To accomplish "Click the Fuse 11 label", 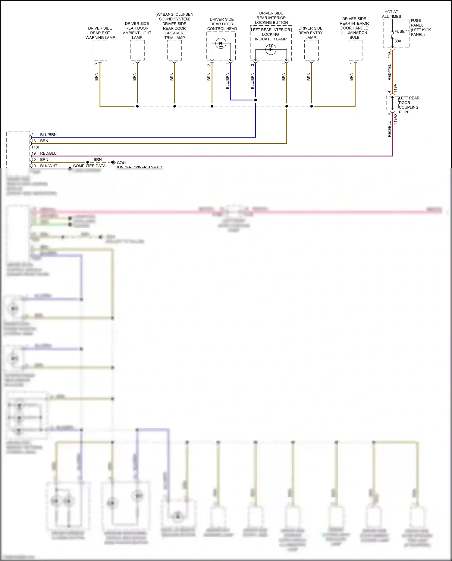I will [402, 31].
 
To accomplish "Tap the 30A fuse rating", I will [398, 41].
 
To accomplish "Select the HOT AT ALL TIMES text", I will [391, 14].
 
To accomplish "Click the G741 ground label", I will [121, 163].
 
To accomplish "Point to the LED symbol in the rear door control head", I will [221, 44].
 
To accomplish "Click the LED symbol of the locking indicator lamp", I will [271, 49].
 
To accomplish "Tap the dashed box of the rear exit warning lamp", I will [100, 50].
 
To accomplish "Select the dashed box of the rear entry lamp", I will [311, 50].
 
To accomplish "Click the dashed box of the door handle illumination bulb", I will [355, 50].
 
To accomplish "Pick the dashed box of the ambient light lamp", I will [137, 50].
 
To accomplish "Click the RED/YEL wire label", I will [389, 72].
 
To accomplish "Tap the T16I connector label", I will [35, 147].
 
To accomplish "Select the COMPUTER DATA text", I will [89, 166].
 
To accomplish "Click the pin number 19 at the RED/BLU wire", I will [33, 153].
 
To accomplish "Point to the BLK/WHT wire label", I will [49, 166].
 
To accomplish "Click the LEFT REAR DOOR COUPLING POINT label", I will [409, 105].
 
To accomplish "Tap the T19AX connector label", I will [395, 119].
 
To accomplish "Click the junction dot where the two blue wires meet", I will [256, 100].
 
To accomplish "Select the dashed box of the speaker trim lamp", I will [174, 50].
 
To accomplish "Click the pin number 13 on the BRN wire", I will [33, 141].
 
